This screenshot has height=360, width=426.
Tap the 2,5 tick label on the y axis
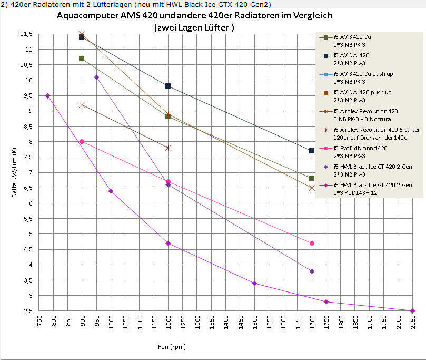pos(27,311)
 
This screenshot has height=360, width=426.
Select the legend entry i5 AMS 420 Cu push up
pos(363,77)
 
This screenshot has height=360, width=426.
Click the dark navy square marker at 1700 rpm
pos(312,151)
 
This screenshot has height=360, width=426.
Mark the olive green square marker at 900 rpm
pos(82,59)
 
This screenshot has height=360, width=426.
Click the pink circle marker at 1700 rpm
pos(312,243)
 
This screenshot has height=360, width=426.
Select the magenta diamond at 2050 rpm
pos(412,311)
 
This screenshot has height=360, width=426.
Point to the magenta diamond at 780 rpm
pos(47,95)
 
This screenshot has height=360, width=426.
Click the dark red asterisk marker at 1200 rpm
pos(168,148)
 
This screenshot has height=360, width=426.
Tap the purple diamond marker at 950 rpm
pos(96,77)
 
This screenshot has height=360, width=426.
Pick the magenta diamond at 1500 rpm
pos(254,283)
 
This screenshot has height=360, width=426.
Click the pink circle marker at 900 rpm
pos(82,142)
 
